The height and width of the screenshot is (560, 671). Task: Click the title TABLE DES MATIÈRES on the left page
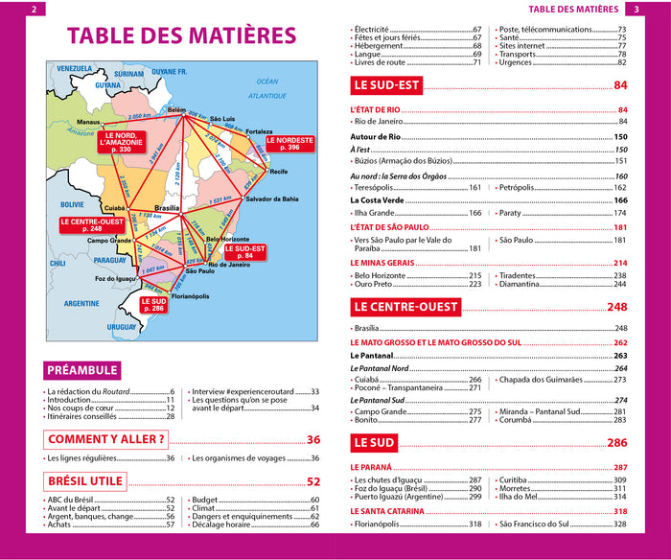[x=181, y=36]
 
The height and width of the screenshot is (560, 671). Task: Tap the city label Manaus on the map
[x=89, y=123]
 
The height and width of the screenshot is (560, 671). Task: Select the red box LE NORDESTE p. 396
[x=289, y=144]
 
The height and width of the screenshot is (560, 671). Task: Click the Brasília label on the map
[x=168, y=208]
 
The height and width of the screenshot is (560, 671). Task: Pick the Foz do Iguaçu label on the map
[x=115, y=278]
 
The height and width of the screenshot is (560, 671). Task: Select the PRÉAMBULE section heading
[x=81, y=370]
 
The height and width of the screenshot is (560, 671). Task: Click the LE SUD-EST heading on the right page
[x=386, y=85]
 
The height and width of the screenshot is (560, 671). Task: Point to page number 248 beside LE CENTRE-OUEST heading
[x=616, y=307]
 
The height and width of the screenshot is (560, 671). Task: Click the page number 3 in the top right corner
[x=636, y=10]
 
